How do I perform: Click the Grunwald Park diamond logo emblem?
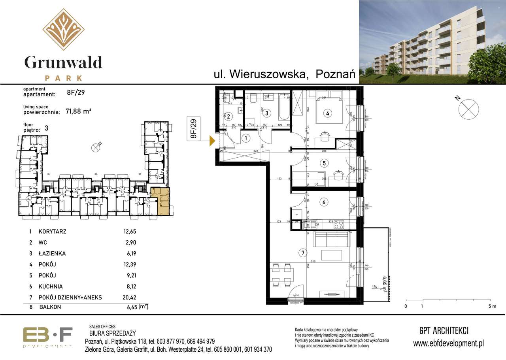(63, 29)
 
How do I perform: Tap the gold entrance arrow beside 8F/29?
(212, 140)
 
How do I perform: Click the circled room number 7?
(302, 253)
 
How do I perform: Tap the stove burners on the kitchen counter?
(339, 224)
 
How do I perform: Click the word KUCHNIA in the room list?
(51, 286)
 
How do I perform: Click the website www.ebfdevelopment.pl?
(448, 344)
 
